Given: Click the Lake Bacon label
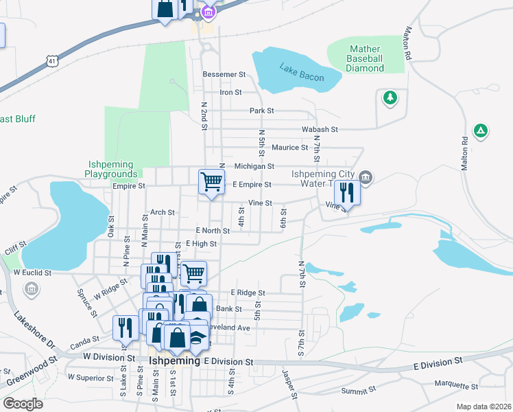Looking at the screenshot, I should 301,72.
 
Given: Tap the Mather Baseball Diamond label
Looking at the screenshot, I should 366,58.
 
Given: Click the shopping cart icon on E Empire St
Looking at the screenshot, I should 211,183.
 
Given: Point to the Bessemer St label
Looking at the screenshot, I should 224,74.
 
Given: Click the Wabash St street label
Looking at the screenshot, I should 320,129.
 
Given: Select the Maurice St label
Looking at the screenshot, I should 289,148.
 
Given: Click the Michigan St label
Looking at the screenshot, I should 254,166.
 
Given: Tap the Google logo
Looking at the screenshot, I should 23,403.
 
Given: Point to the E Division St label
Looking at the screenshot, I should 228,361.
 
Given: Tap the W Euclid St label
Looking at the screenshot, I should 32,273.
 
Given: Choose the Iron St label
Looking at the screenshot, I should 230,92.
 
